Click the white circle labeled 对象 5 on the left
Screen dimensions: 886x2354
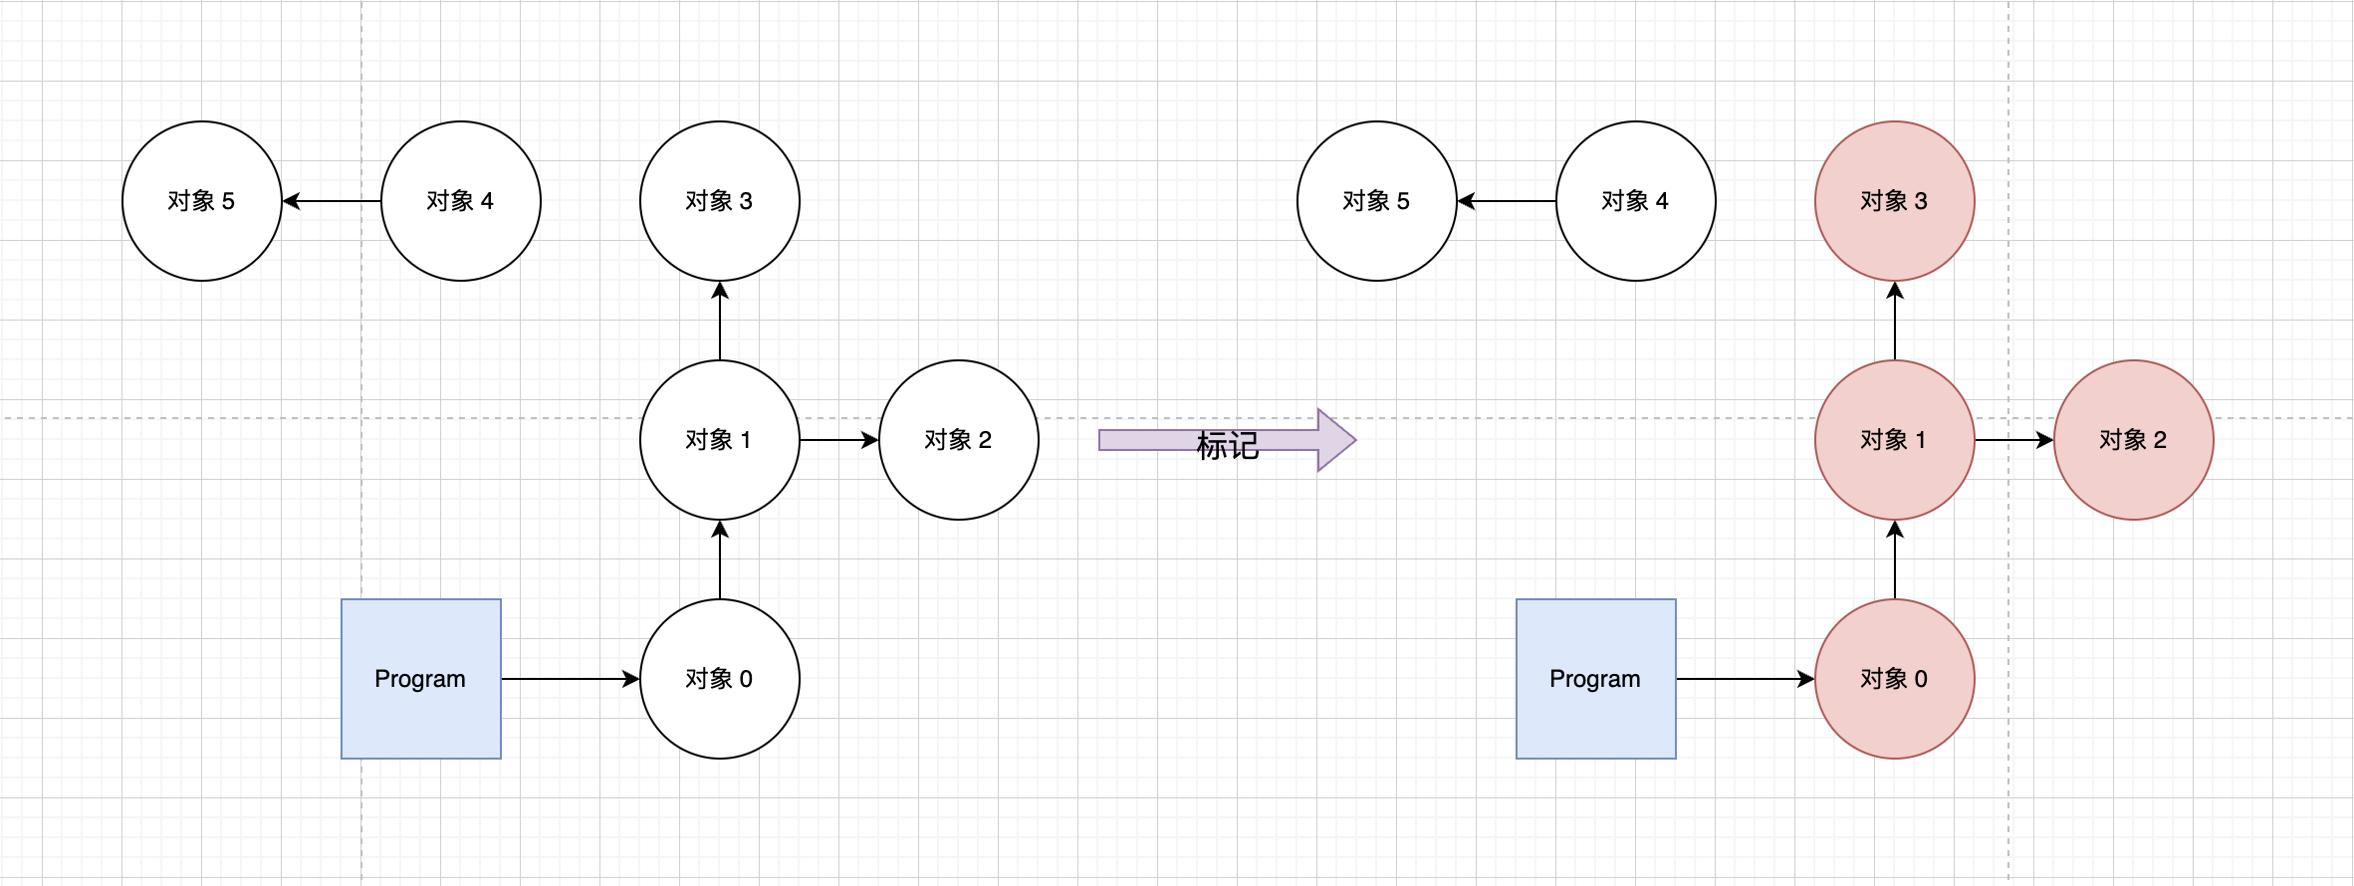(202, 201)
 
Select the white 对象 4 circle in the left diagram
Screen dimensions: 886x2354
(461, 201)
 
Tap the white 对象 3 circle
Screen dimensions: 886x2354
(720, 201)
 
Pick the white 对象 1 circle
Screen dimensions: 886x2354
(720, 440)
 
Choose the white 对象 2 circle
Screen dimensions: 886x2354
(959, 440)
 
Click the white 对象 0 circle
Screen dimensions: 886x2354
(720, 679)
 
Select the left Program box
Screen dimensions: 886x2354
(421, 679)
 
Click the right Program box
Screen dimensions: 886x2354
(1596, 679)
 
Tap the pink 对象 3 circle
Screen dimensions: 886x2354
(1895, 201)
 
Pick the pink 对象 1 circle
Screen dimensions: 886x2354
(1895, 440)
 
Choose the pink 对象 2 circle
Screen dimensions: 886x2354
(2134, 440)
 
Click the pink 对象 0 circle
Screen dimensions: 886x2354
(1895, 679)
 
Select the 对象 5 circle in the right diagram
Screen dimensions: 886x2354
(1377, 201)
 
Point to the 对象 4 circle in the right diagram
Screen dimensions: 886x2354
(1636, 201)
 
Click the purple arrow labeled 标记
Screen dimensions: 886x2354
(1227, 440)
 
